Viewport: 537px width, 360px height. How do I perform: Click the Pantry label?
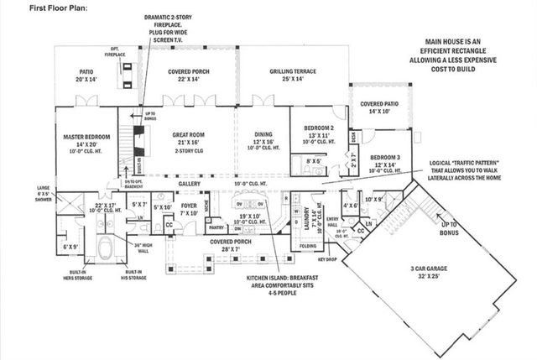(x=216, y=227)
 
